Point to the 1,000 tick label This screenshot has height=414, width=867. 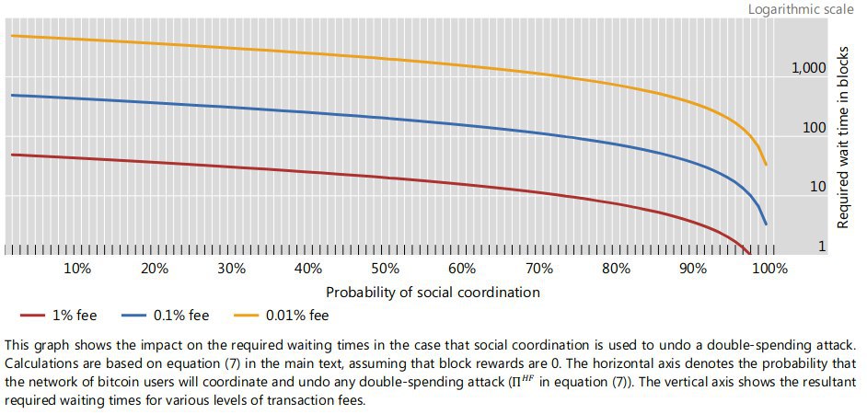coord(809,69)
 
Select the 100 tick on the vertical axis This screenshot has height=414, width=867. coord(814,128)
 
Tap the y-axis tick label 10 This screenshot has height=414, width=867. coord(817,187)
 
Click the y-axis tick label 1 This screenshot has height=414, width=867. coord(822,247)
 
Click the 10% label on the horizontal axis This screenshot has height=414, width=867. coord(77,269)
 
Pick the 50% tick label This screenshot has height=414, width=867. coord(385,269)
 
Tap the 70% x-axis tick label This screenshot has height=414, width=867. coord(538,269)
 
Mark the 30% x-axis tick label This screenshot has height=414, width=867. coord(231,269)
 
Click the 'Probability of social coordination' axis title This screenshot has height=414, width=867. coord(433,292)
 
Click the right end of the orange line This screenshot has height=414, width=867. coord(766,166)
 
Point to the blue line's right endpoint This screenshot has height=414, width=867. coord(766,224)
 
